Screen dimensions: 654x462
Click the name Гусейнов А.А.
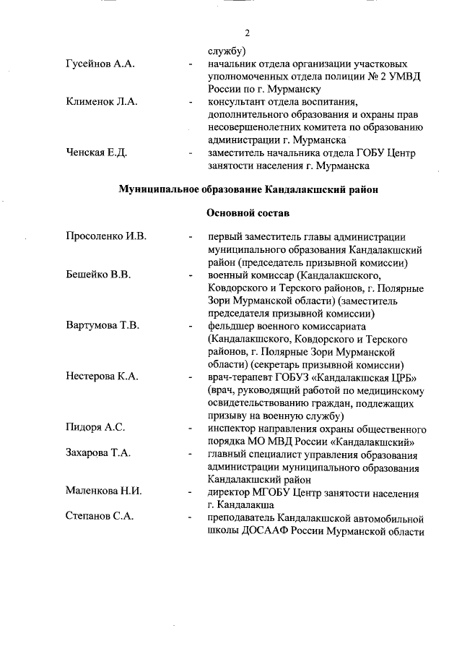[x=100, y=64]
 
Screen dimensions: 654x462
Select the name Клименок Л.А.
[x=101, y=102]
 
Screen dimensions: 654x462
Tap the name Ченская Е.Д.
[x=96, y=153]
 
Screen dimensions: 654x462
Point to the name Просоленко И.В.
[x=106, y=237]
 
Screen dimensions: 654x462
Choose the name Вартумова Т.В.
[x=103, y=325]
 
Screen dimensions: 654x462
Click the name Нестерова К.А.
[x=102, y=377]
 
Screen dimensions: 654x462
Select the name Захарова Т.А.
[x=99, y=454]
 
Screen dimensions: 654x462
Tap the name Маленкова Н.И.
[x=103, y=491]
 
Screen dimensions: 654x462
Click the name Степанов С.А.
[x=99, y=517]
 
